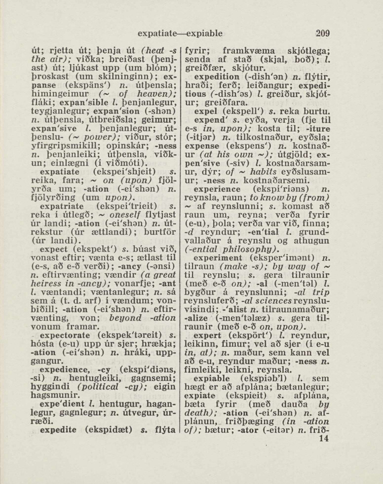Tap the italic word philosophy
(x=240, y=249)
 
